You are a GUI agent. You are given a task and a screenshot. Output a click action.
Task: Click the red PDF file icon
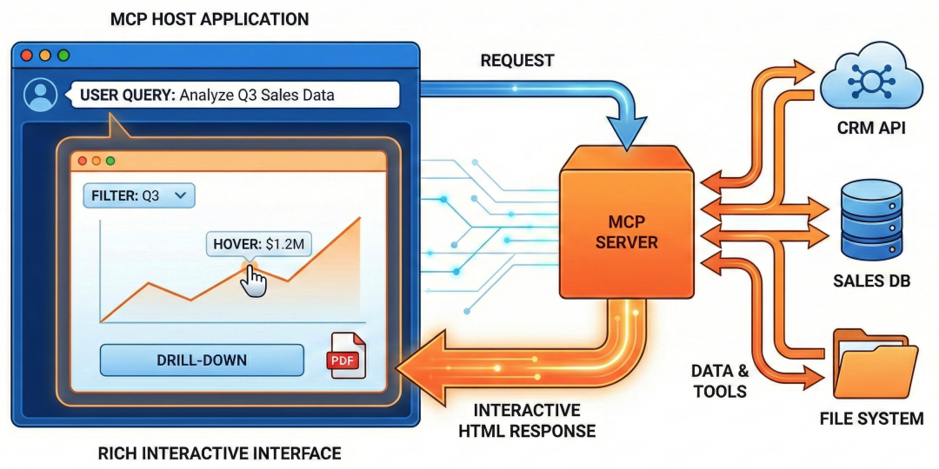(x=345, y=356)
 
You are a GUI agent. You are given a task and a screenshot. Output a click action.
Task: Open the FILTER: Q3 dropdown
(x=139, y=195)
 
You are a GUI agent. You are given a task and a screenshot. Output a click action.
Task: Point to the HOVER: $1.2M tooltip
(x=259, y=244)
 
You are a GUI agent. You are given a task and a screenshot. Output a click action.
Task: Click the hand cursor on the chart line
(x=253, y=280)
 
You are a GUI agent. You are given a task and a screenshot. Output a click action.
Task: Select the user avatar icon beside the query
(x=40, y=95)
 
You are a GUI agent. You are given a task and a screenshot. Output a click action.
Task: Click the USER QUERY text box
(x=235, y=95)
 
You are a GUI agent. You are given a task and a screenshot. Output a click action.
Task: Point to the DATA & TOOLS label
(x=719, y=380)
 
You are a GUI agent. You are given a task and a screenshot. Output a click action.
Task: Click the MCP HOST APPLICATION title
(x=209, y=18)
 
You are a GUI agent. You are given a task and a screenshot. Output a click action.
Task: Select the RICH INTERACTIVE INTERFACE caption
(x=219, y=452)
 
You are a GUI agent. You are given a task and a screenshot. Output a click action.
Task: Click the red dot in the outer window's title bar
(x=27, y=55)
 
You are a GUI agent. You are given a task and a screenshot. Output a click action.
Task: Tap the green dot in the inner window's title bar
(x=110, y=161)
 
